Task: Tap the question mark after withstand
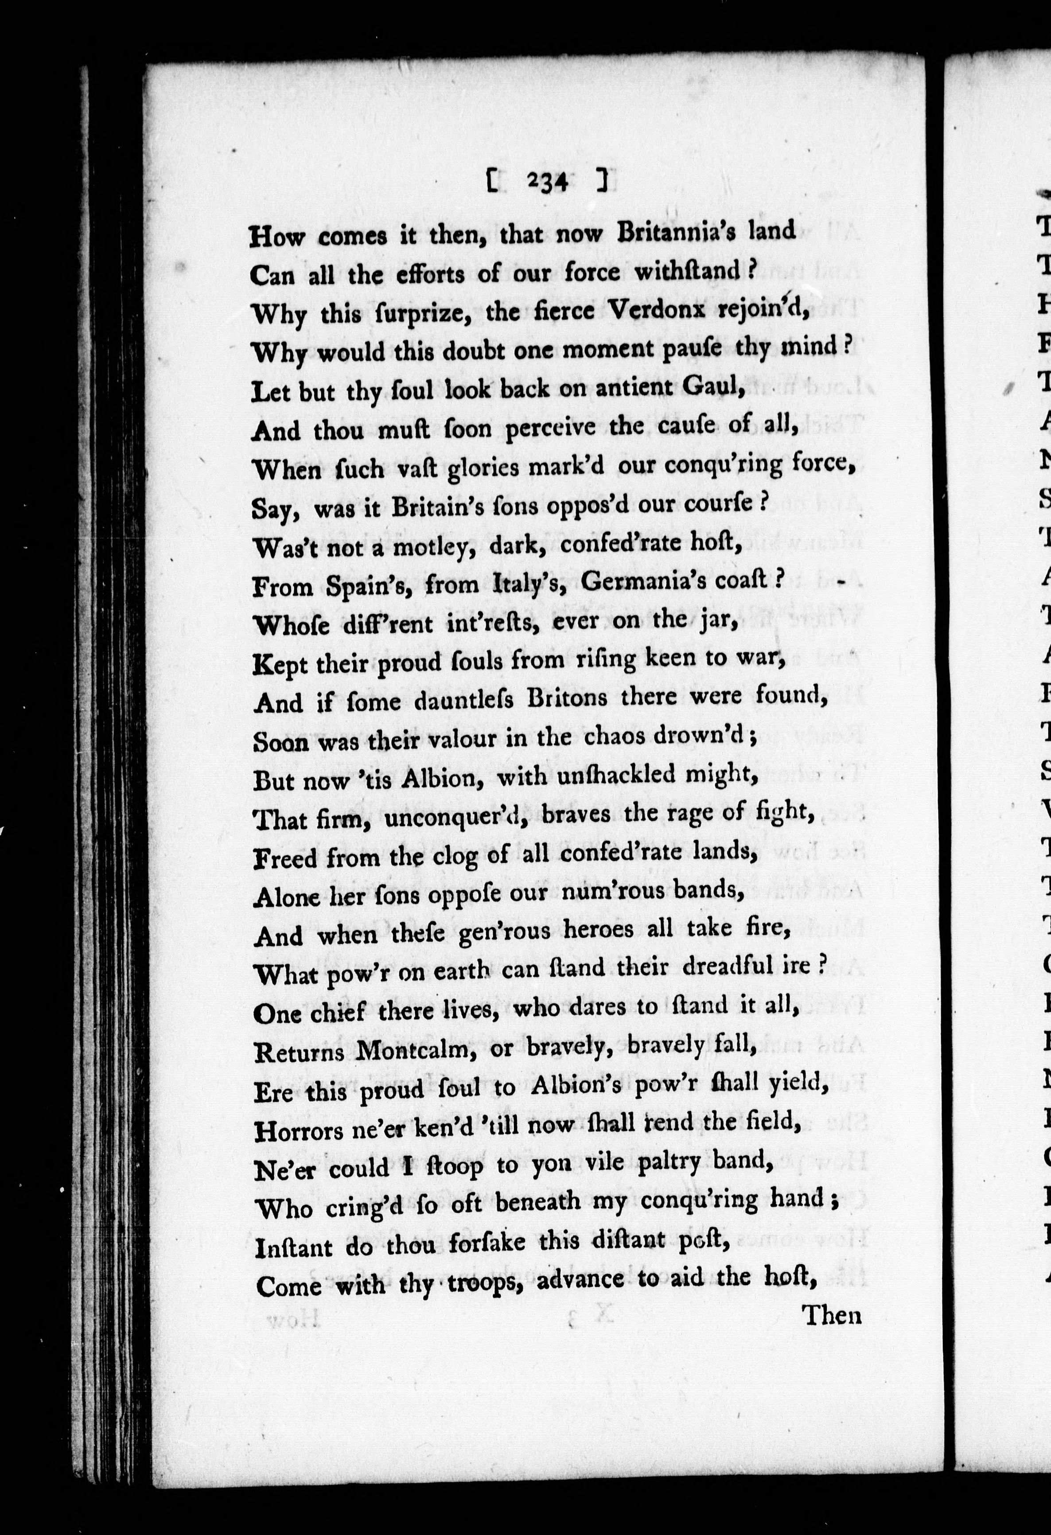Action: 751,271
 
